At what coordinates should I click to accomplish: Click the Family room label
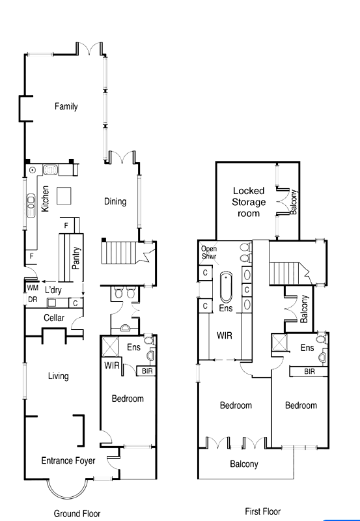tap(66, 106)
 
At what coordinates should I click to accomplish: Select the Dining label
tap(115, 201)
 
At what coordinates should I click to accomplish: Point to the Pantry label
tap(77, 257)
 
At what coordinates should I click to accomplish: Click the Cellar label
tap(53, 317)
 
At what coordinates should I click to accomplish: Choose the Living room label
tap(58, 376)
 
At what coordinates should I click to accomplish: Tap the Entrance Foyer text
tap(68, 460)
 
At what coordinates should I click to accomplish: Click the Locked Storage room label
tap(249, 202)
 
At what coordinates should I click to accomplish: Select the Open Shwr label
tap(209, 252)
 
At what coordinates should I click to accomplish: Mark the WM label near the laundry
tap(32, 287)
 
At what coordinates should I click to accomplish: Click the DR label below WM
tap(32, 300)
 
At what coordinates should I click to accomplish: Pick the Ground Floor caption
tap(77, 513)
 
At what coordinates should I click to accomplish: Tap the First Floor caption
tap(262, 511)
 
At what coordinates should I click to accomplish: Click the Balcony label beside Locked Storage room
tap(294, 202)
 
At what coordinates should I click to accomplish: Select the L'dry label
tap(53, 290)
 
